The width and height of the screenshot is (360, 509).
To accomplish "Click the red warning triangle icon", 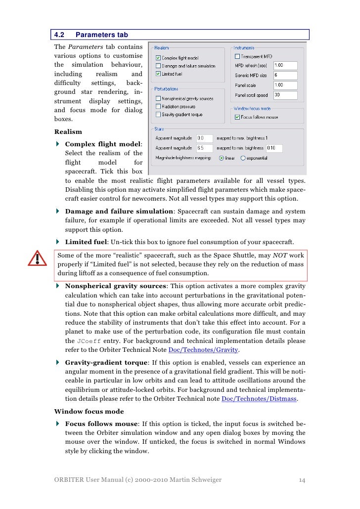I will (37, 258).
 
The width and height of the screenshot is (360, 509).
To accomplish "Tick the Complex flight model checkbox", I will (158, 58).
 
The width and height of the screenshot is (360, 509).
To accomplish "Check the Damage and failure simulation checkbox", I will (158, 66).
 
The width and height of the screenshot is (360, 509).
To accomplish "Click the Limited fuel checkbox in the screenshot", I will (158, 74).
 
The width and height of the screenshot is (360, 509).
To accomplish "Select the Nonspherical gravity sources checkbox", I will (158, 98).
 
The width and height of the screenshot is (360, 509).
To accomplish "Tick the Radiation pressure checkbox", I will (158, 106).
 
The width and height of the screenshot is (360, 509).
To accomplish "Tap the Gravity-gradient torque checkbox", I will (158, 114).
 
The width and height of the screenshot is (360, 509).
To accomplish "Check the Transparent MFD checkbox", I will (237, 56).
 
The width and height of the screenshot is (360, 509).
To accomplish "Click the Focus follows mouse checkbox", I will (237, 117).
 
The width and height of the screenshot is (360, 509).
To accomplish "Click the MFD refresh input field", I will (285, 65).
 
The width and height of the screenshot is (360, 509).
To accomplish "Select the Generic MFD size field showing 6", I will (285, 75).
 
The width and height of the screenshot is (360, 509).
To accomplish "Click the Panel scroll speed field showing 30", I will (285, 95).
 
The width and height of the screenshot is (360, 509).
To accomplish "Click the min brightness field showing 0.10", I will (273, 148).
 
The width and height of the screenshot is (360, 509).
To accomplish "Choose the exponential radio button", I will (243, 158).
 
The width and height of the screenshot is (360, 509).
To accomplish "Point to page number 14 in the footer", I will (302, 479).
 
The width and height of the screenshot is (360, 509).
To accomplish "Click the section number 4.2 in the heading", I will (59, 35).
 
